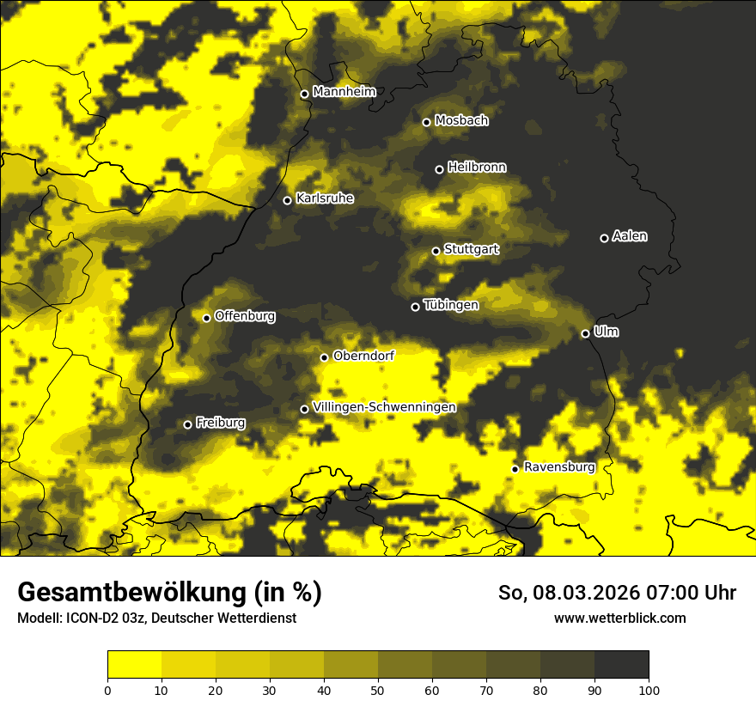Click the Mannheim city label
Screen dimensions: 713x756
click(344, 92)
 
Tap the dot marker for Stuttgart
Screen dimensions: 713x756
click(436, 251)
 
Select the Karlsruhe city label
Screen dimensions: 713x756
click(325, 198)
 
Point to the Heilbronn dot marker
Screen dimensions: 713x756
click(439, 169)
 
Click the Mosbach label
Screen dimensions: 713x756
click(461, 121)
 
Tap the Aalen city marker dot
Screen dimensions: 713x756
click(604, 238)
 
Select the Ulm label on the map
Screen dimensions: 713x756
click(606, 332)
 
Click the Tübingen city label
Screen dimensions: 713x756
click(451, 305)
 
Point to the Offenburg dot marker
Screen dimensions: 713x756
click(206, 318)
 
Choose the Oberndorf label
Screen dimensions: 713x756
click(363, 356)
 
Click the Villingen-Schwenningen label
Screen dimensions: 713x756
click(384, 407)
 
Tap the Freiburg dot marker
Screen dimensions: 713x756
click(187, 424)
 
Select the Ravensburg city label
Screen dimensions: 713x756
click(559, 467)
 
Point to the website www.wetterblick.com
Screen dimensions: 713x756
click(619, 618)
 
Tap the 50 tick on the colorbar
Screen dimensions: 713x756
click(378, 689)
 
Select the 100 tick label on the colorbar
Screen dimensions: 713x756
click(649, 689)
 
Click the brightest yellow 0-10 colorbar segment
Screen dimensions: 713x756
click(134, 664)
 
